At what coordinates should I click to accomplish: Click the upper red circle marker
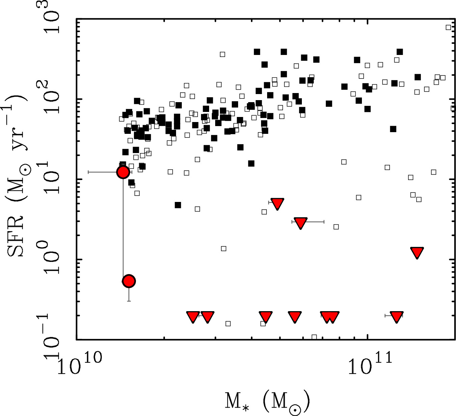click(123, 172)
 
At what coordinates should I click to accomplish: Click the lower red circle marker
click(129, 281)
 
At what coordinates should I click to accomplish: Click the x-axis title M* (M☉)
click(267, 402)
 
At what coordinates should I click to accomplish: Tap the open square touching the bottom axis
click(314, 337)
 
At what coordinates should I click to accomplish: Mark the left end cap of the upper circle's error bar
click(88, 172)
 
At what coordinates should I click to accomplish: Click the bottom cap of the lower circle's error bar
click(129, 301)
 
